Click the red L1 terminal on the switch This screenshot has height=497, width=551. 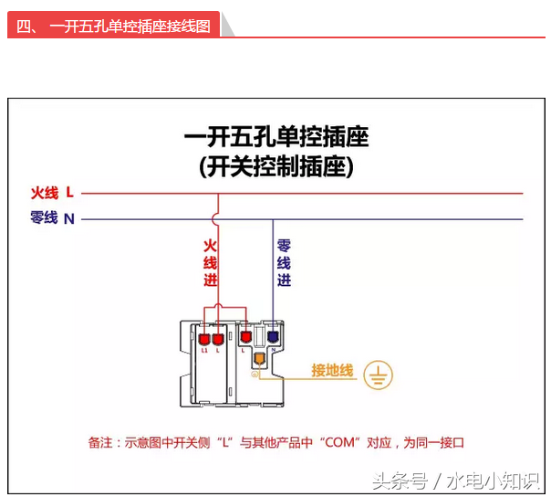(x=203, y=341)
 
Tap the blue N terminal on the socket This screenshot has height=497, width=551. (x=273, y=338)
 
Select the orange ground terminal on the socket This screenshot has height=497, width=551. (x=259, y=359)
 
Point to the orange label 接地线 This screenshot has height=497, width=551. (x=332, y=370)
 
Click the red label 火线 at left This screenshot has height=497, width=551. (x=44, y=193)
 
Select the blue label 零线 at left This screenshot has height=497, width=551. (x=44, y=218)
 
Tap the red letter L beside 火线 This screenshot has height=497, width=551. (x=70, y=193)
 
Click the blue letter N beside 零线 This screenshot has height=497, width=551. (x=69, y=219)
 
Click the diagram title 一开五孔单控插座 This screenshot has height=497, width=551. (x=275, y=138)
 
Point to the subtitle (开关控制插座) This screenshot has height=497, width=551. (x=275, y=167)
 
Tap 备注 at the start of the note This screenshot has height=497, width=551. (x=100, y=442)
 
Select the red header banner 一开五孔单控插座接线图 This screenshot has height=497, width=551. (x=114, y=26)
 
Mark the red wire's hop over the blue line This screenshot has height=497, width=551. (x=214, y=219)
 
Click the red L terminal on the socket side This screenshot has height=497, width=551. (x=244, y=339)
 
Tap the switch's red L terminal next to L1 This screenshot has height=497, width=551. (x=218, y=341)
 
